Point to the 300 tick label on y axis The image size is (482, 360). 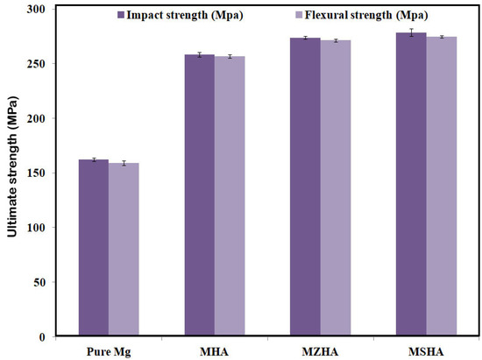[35, 9]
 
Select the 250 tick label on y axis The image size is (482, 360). [35, 64]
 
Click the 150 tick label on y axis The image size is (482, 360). [35, 173]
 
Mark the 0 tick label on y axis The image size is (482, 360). [41, 337]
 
